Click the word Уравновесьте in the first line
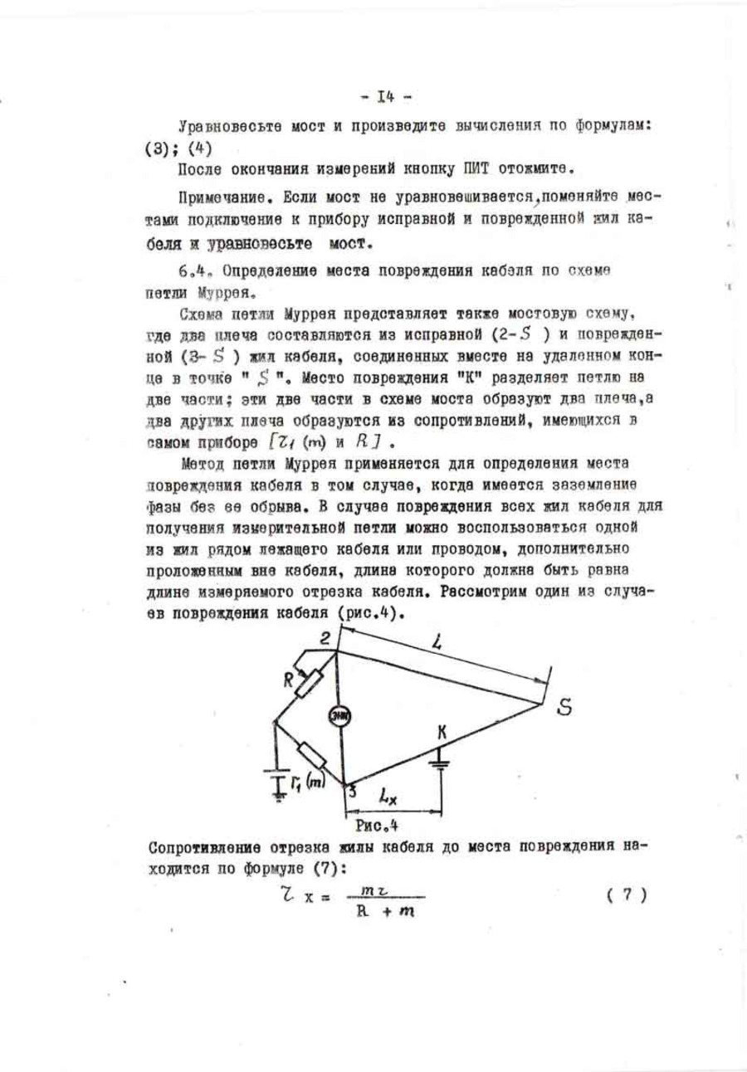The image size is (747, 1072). (217, 125)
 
